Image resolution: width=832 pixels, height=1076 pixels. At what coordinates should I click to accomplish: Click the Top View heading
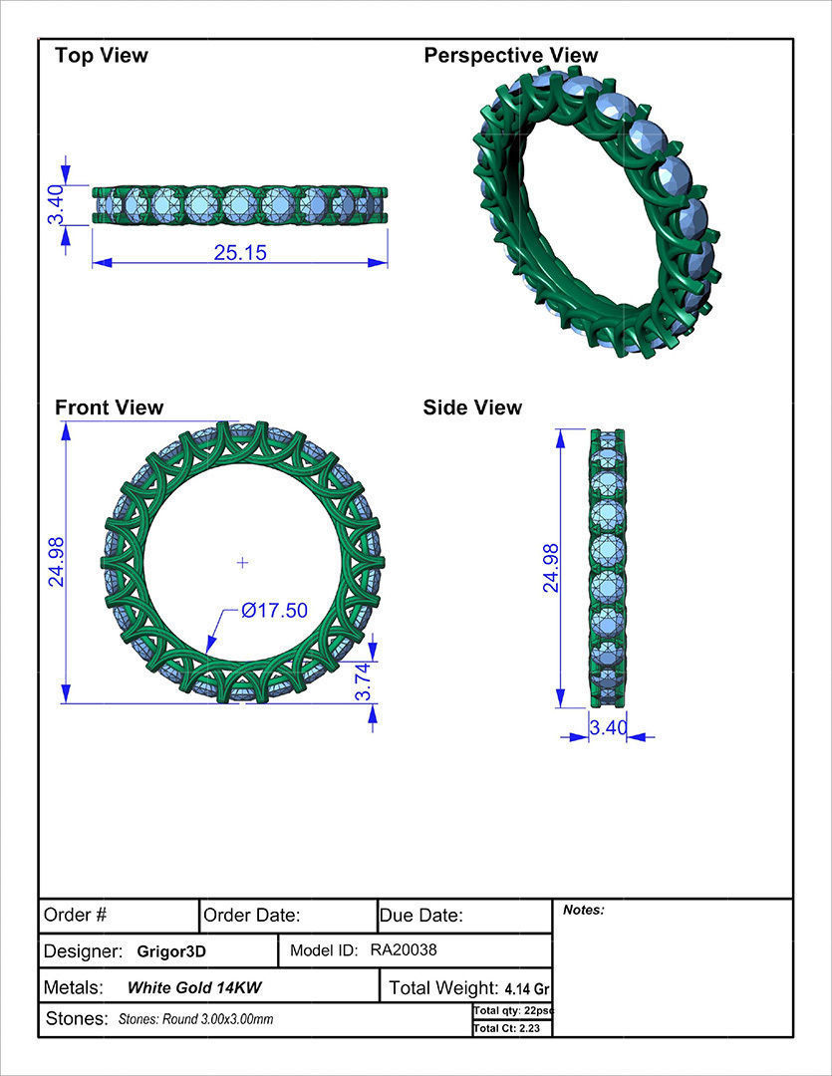(x=101, y=55)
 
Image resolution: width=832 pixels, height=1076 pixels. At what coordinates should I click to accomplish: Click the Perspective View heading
(x=511, y=55)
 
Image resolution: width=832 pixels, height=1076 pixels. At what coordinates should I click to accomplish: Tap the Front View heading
(x=109, y=407)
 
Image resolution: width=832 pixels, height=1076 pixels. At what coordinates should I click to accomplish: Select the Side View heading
(x=472, y=407)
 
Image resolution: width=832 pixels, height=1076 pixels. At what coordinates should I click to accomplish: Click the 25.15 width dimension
(x=240, y=253)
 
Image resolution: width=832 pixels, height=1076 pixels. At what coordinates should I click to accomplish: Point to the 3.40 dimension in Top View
(x=56, y=205)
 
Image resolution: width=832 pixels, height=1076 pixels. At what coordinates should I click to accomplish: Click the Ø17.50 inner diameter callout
(x=274, y=611)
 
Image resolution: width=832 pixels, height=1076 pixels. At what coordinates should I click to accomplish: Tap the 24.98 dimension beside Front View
(x=56, y=562)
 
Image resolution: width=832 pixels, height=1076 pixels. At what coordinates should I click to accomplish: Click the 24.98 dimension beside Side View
(x=549, y=568)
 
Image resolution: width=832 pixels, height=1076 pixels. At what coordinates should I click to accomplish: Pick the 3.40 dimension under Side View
(x=608, y=728)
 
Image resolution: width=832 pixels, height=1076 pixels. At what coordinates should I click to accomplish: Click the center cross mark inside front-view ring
(x=242, y=563)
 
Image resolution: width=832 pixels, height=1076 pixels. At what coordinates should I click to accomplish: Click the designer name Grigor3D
(x=171, y=951)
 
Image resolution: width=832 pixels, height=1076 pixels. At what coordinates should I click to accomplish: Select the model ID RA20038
(x=404, y=950)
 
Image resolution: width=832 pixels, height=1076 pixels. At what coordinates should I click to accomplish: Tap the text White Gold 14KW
(x=194, y=988)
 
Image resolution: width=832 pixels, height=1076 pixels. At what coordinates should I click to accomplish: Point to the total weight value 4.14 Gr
(x=527, y=989)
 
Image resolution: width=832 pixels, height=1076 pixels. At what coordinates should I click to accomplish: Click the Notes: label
(x=584, y=910)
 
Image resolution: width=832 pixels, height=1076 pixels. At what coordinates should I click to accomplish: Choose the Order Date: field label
(x=252, y=915)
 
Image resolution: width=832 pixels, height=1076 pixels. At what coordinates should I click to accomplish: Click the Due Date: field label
(x=421, y=915)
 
